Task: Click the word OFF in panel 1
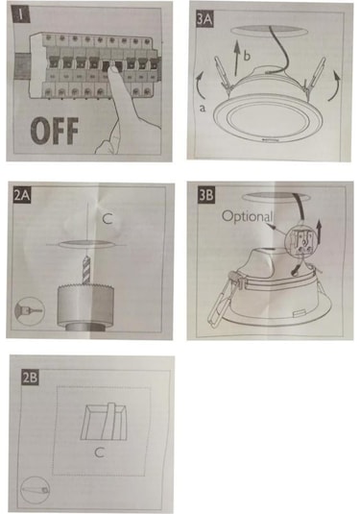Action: [x=55, y=131]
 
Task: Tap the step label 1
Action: [x=21, y=15]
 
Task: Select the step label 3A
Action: [x=204, y=19]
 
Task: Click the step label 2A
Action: [x=22, y=196]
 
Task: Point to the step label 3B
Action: [x=206, y=196]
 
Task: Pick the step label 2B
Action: [x=30, y=378]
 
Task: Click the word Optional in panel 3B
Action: [x=248, y=217]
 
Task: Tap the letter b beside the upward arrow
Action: [x=247, y=55]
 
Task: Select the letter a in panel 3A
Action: [x=203, y=108]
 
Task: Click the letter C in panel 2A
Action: [x=108, y=218]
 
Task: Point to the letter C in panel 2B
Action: [x=99, y=453]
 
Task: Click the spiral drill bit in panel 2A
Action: [x=86, y=270]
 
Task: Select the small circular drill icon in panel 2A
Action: [x=30, y=310]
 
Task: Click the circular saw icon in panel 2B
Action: [x=36, y=490]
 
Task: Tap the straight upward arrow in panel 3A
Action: [x=237, y=60]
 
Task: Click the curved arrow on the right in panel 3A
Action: [x=334, y=85]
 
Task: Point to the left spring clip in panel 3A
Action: [x=222, y=73]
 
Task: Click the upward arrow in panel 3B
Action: [x=320, y=232]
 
